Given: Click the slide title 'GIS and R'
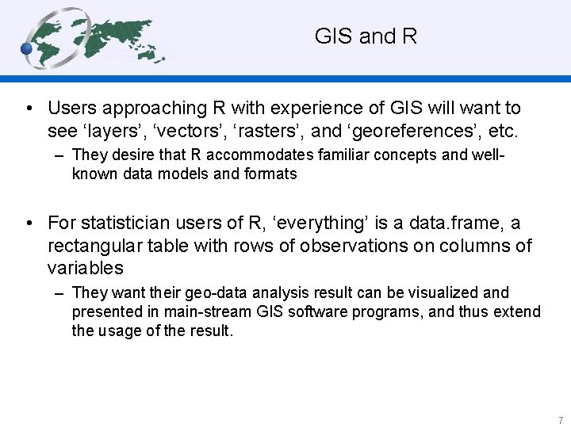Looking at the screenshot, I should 366,36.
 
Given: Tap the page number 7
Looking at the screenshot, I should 560,420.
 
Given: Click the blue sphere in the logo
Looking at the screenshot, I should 28,49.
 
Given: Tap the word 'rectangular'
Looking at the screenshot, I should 96,246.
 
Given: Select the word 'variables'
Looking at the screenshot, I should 85,268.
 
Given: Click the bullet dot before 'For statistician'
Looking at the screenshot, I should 29,224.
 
